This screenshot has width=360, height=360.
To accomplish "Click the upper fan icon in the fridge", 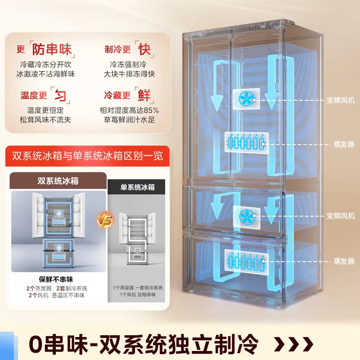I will click(246, 99).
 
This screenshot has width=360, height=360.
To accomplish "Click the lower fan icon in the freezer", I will click(246, 215).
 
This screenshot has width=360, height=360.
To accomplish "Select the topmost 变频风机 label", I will click(341, 99).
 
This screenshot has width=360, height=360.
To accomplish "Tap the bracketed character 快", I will click(144, 49).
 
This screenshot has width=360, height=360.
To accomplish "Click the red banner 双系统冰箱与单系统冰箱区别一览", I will click(87, 156).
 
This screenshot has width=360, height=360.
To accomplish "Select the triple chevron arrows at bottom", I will click(293, 344).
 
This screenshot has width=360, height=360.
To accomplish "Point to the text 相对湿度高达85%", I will click(129, 110).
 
